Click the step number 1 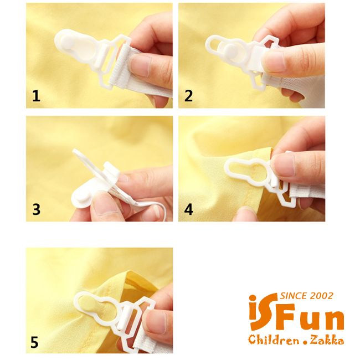click(36, 96)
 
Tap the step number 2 click(188, 96)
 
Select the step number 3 click(36, 209)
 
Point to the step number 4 click(188, 209)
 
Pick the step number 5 click(34, 342)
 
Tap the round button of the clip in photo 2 click(231, 51)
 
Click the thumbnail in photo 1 click(140, 66)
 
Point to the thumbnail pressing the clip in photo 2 click(274, 61)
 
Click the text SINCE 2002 click(307, 296)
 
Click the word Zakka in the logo click(327, 340)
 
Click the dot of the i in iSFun click(253, 297)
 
